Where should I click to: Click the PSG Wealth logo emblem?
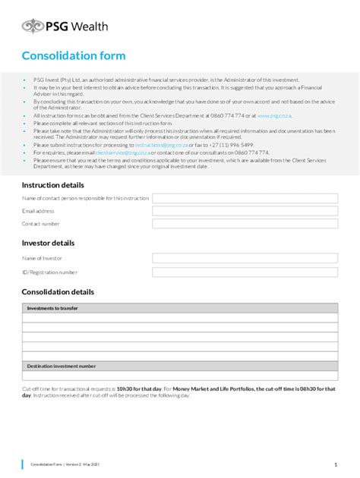[x=33, y=27]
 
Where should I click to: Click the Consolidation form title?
[x=74, y=56]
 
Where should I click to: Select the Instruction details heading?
[x=52, y=185]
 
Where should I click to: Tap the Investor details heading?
[x=48, y=244]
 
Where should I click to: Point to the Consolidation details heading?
[x=58, y=292]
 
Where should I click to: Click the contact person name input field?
[x=245, y=198]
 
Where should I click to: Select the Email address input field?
[x=245, y=211]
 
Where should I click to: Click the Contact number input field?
[x=245, y=225]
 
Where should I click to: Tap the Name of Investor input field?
[x=245, y=258]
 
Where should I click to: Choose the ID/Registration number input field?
[x=245, y=272]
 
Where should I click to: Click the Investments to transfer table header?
[x=52, y=309]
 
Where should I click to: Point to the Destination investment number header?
[x=62, y=366]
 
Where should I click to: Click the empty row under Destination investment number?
[x=180, y=376]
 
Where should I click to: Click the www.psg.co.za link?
[x=274, y=115]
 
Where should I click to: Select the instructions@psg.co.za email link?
[x=159, y=145]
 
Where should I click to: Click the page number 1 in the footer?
[x=335, y=464]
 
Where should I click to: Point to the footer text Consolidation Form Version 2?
[x=65, y=464]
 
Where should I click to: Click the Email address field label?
[x=38, y=211]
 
